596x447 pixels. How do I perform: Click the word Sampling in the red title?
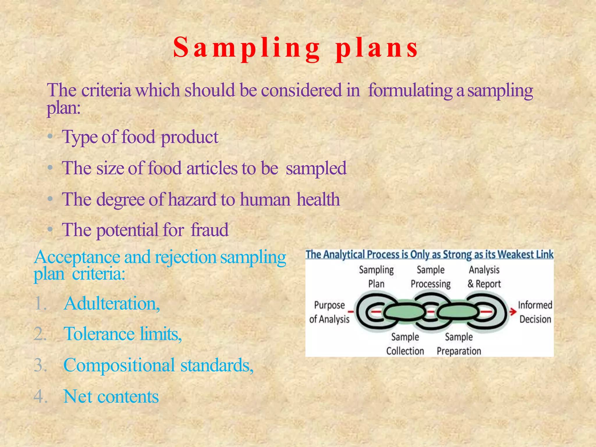click(x=247, y=48)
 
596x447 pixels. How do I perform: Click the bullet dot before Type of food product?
click(x=50, y=136)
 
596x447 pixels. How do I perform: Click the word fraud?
click(x=210, y=230)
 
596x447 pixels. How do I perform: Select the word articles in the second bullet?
click(x=212, y=168)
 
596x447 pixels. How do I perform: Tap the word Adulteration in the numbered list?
click(x=111, y=304)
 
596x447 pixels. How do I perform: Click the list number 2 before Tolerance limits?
click(x=40, y=334)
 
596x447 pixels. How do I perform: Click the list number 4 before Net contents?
click(x=40, y=396)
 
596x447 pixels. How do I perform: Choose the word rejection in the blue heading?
click(x=185, y=257)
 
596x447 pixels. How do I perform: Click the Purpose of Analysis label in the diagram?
click(x=329, y=312)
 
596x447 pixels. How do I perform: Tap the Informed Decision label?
click(x=535, y=312)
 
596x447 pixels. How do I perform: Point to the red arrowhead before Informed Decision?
click(x=513, y=312)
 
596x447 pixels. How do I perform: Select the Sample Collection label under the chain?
click(x=405, y=344)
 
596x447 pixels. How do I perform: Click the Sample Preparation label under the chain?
click(x=459, y=344)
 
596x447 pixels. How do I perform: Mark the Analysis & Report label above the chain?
click(x=484, y=277)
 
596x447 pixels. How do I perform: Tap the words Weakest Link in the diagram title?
click(x=525, y=255)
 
